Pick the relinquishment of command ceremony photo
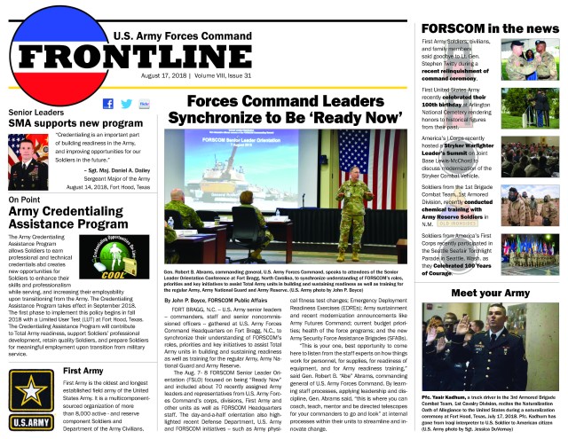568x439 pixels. (530, 61)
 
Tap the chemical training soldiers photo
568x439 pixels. (530, 203)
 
